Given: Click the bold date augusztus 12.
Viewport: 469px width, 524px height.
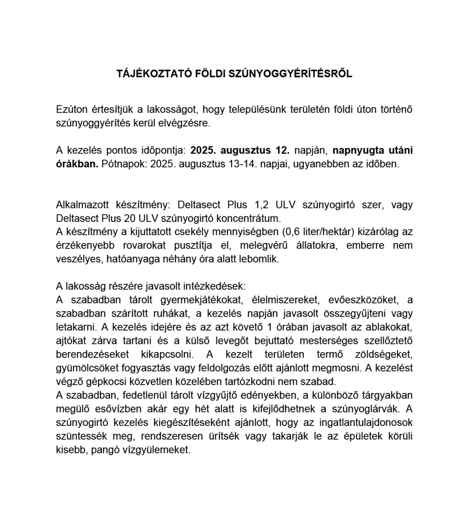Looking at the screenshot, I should click(262, 150).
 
